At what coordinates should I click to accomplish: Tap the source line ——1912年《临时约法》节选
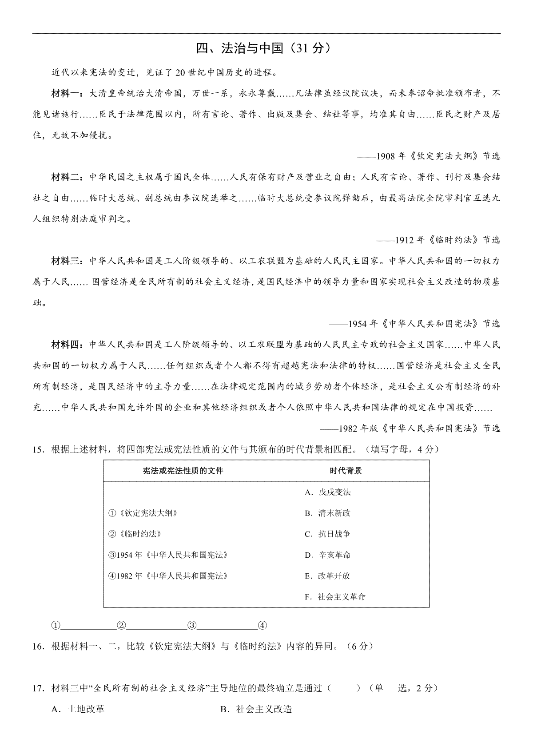pos(438,240)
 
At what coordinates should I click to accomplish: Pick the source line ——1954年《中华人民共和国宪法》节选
pos(414,324)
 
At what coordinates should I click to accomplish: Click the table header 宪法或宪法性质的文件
pos(183,471)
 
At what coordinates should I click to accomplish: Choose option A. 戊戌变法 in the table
pos(328,492)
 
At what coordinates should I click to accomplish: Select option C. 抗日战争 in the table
pos(328,534)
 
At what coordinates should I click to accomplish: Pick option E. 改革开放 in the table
pos(328,576)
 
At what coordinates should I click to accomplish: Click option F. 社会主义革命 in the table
pos(335,597)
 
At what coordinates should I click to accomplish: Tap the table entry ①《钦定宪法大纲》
pos(143,513)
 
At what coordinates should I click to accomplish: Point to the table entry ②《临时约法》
pos(135,534)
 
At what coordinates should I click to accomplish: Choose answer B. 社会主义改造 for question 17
pos(256,709)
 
